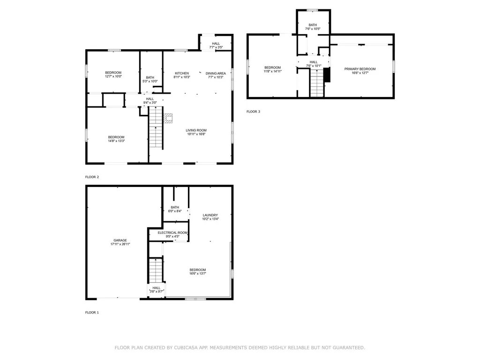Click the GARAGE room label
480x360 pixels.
[x=120, y=240]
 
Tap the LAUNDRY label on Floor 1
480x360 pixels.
[x=210, y=215]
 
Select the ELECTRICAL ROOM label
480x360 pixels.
[x=172, y=232]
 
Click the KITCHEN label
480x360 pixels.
[x=182, y=74]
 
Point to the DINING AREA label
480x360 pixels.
[x=216, y=74]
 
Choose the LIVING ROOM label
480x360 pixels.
[x=196, y=130]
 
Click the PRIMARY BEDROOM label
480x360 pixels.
[x=360, y=69]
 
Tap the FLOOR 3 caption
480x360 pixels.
[x=253, y=112]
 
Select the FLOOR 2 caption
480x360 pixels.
[x=92, y=177]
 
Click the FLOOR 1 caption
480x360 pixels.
[x=92, y=313]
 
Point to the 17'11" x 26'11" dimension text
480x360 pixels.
[x=120, y=244]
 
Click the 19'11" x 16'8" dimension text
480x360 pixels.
[x=196, y=134]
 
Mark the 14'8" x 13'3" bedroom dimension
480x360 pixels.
[x=116, y=141]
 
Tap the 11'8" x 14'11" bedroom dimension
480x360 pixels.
[x=273, y=71]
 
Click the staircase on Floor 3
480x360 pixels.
[x=317, y=83]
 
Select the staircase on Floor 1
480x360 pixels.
[x=156, y=270]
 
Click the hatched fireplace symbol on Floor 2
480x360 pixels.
[x=168, y=118]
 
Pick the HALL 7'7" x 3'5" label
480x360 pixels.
[x=216, y=45]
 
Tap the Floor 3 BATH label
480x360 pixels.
[x=313, y=25]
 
